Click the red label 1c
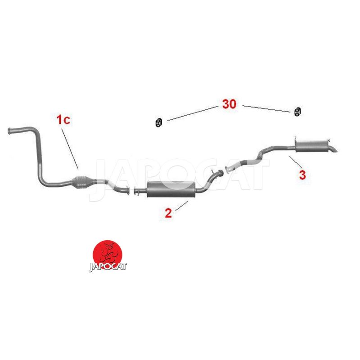tap(63, 120)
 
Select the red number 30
tap(229, 104)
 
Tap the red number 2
tap(168, 213)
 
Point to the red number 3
tap(302, 175)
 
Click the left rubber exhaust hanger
tap(158, 123)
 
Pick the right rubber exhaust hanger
tap(297, 112)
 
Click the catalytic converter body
tap(82, 182)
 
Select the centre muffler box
tap(171, 189)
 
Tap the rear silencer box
tap(312, 146)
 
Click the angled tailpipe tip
tap(333, 150)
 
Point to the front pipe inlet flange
tap(9, 131)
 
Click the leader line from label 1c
tap(70, 149)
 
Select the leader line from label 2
tap(182, 206)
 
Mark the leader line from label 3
tap(296, 162)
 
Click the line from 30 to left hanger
tap(193, 113)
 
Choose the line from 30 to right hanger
tap(266, 109)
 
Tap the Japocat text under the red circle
tap(108, 267)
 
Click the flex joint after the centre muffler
tap(220, 172)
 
